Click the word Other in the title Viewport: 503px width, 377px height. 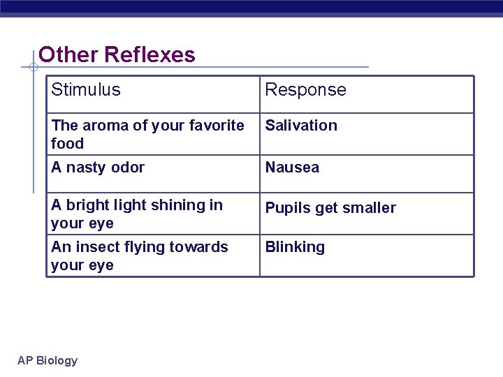click(68, 54)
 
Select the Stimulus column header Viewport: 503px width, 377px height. click(85, 89)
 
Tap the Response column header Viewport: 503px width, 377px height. click(305, 90)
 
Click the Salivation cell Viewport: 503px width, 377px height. click(300, 126)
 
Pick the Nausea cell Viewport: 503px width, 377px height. click(292, 168)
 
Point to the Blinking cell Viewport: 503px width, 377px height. click(295, 247)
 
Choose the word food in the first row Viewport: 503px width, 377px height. click(67, 144)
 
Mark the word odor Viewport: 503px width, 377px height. click(129, 168)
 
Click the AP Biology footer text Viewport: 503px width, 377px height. click(48, 360)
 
